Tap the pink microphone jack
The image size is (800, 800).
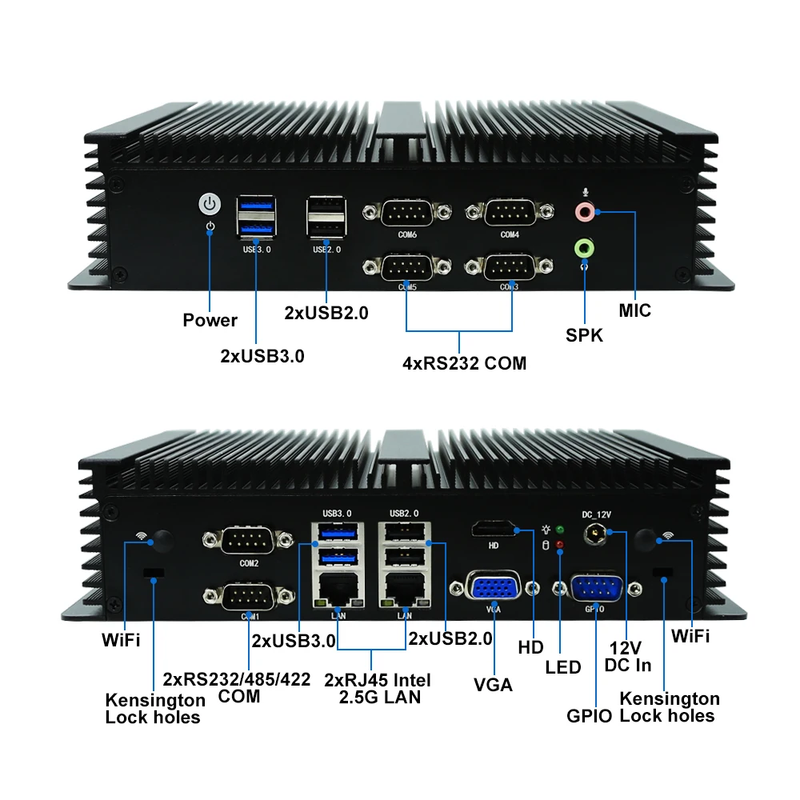(x=586, y=211)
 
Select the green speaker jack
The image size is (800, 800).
(x=585, y=248)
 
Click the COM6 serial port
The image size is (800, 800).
(x=407, y=214)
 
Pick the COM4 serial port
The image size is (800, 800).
(x=510, y=214)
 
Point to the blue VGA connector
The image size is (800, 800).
(x=493, y=589)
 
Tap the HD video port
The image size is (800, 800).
(x=493, y=529)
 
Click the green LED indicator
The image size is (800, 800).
(x=560, y=530)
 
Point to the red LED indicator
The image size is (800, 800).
(x=560, y=545)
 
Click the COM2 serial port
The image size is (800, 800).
(x=248, y=542)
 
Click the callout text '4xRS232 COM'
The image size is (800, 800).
(x=464, y=363)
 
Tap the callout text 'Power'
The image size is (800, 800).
(x=210, y=321)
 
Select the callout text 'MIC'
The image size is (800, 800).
(x=635, y=310)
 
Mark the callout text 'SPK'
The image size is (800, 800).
(x=584, y=335)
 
